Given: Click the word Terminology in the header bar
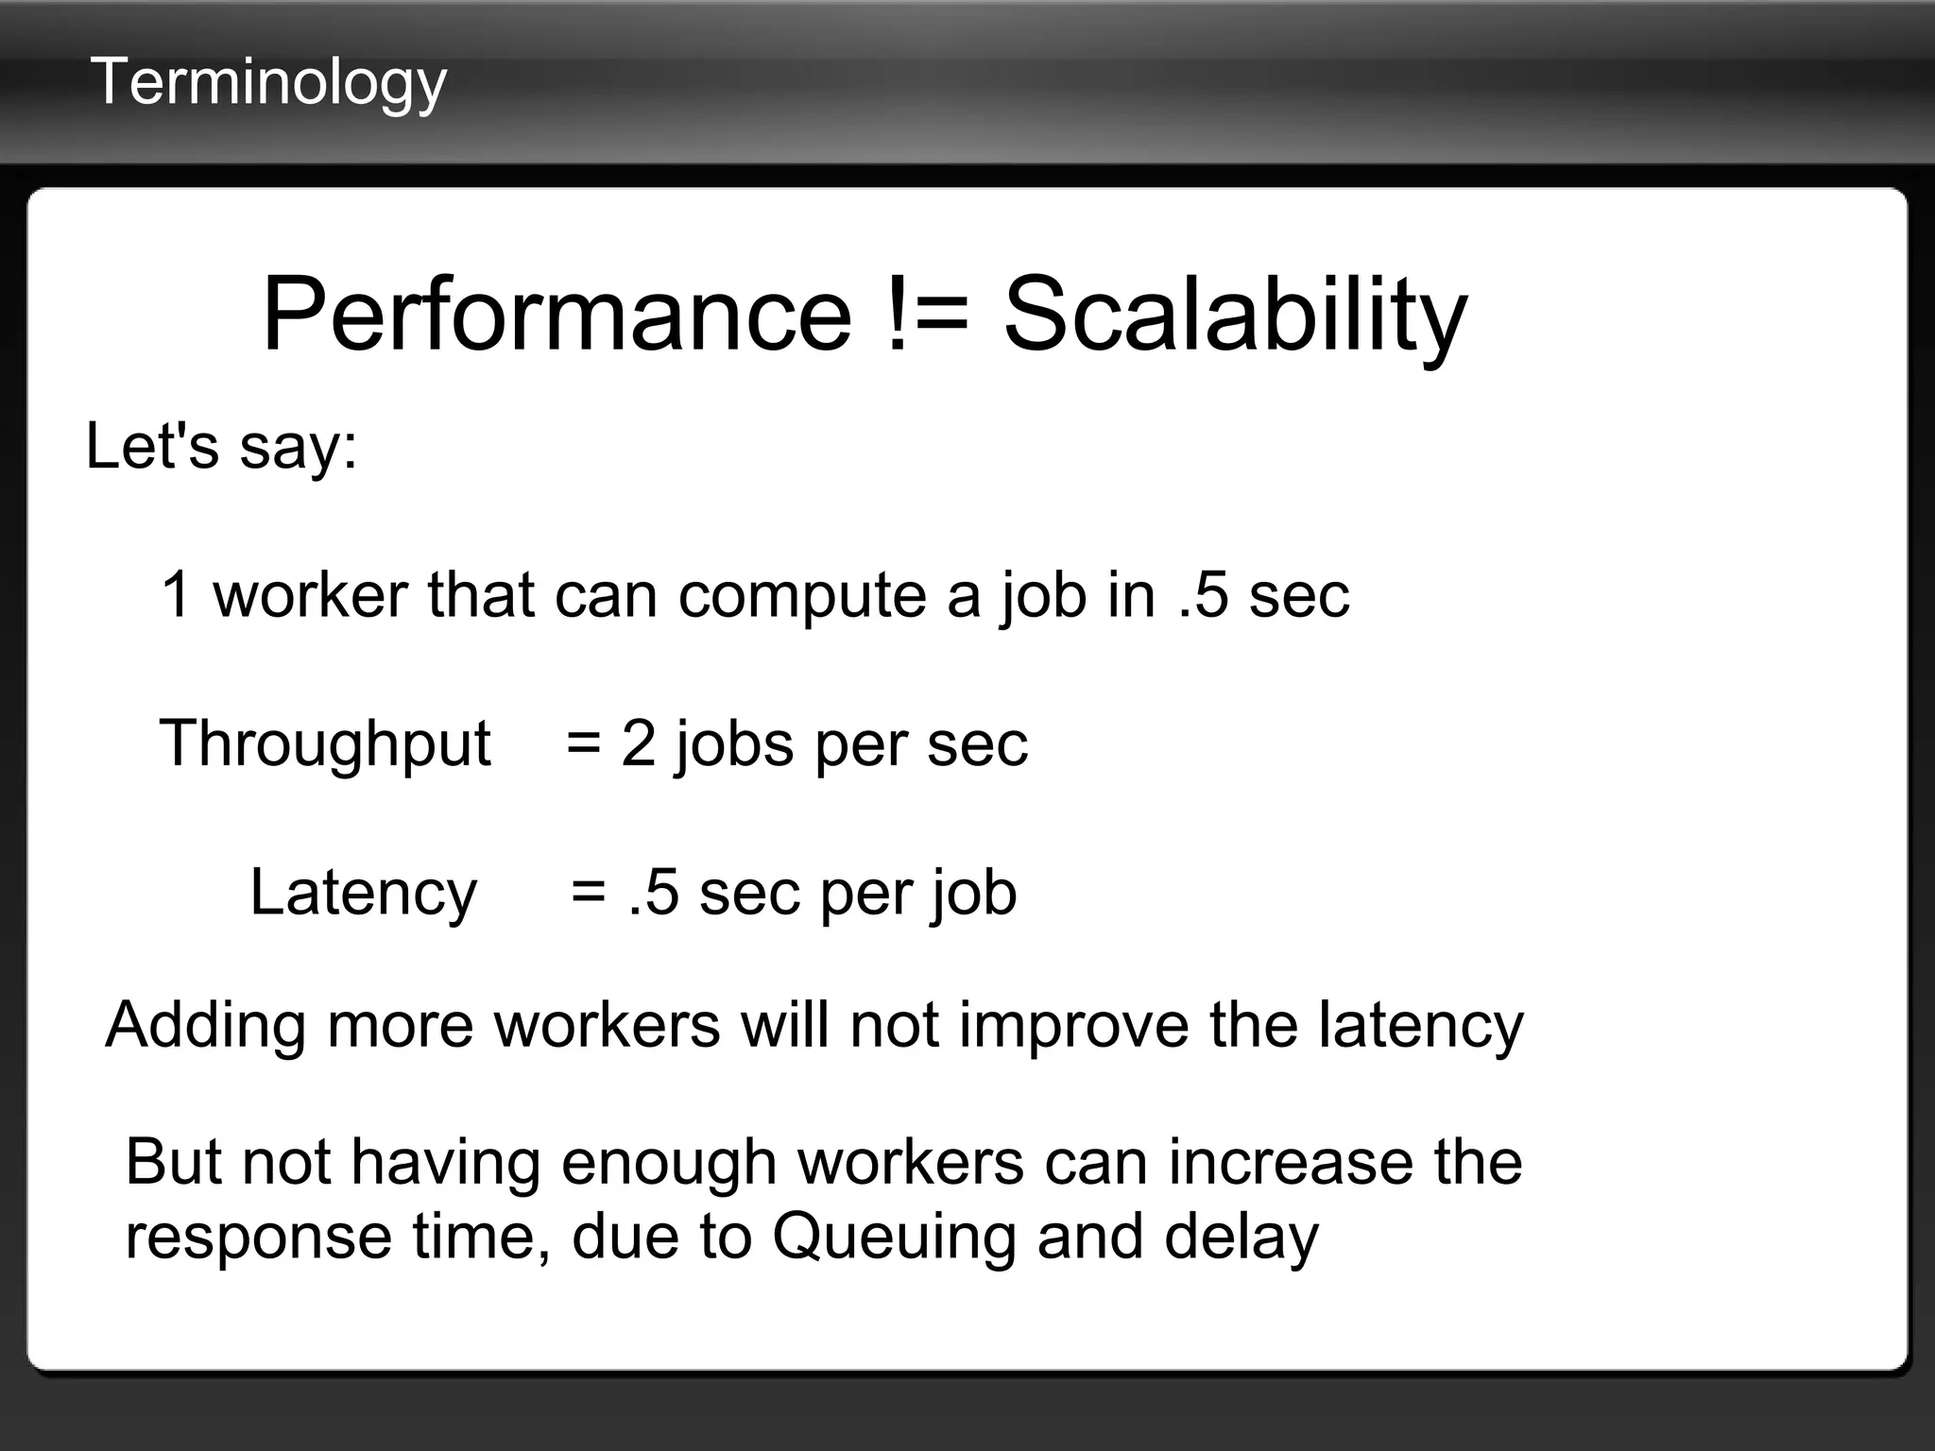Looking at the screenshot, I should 268,83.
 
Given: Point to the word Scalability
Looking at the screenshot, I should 1235,316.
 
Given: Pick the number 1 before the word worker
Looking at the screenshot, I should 177,594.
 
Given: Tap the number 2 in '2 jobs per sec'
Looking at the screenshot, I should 638,743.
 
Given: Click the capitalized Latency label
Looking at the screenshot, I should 363,894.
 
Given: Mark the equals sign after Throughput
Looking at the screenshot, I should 583,744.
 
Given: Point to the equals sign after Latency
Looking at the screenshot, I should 588,894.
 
